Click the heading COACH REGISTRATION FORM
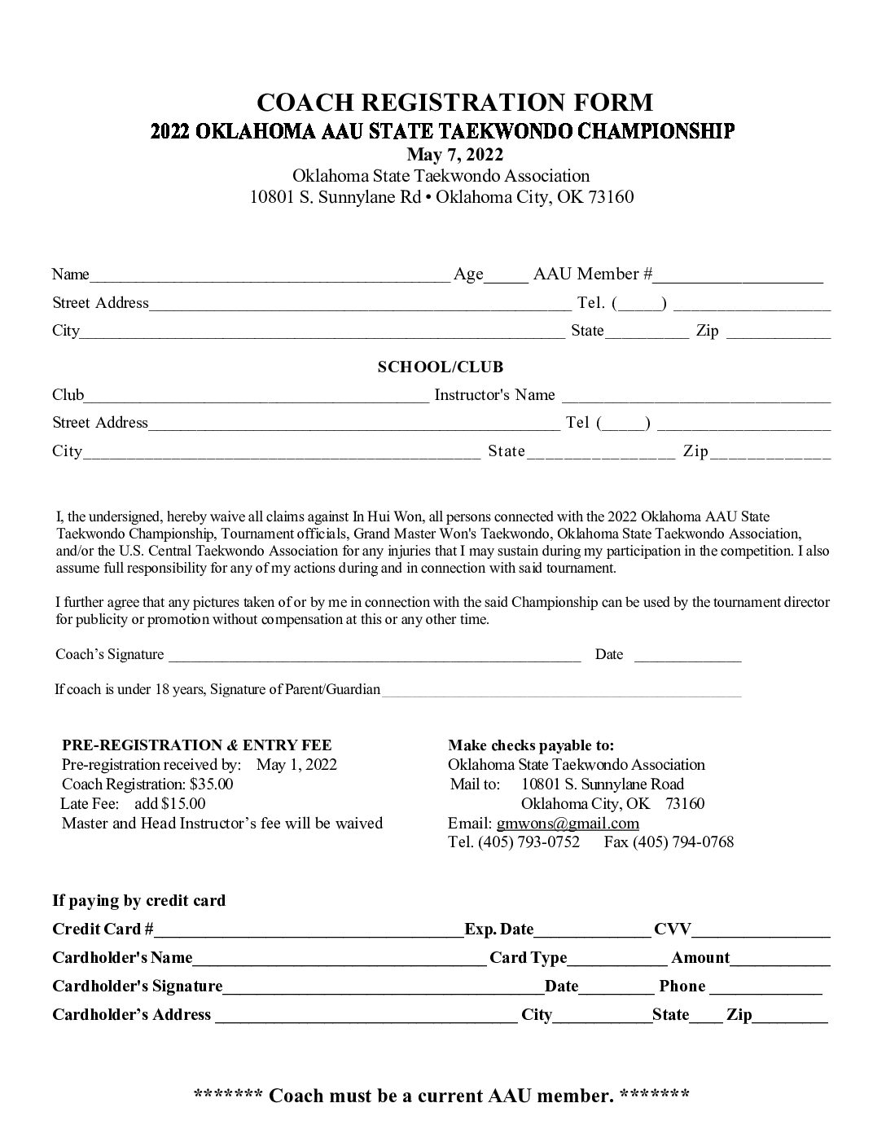(454, 103)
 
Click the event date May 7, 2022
(454, 155)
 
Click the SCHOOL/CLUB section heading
(441, 367)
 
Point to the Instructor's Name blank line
(696, 398)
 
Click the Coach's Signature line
(375, 657)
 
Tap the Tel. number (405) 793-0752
(529, 842)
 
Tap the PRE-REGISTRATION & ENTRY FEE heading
(197, 745)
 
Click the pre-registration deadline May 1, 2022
(296, 765)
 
